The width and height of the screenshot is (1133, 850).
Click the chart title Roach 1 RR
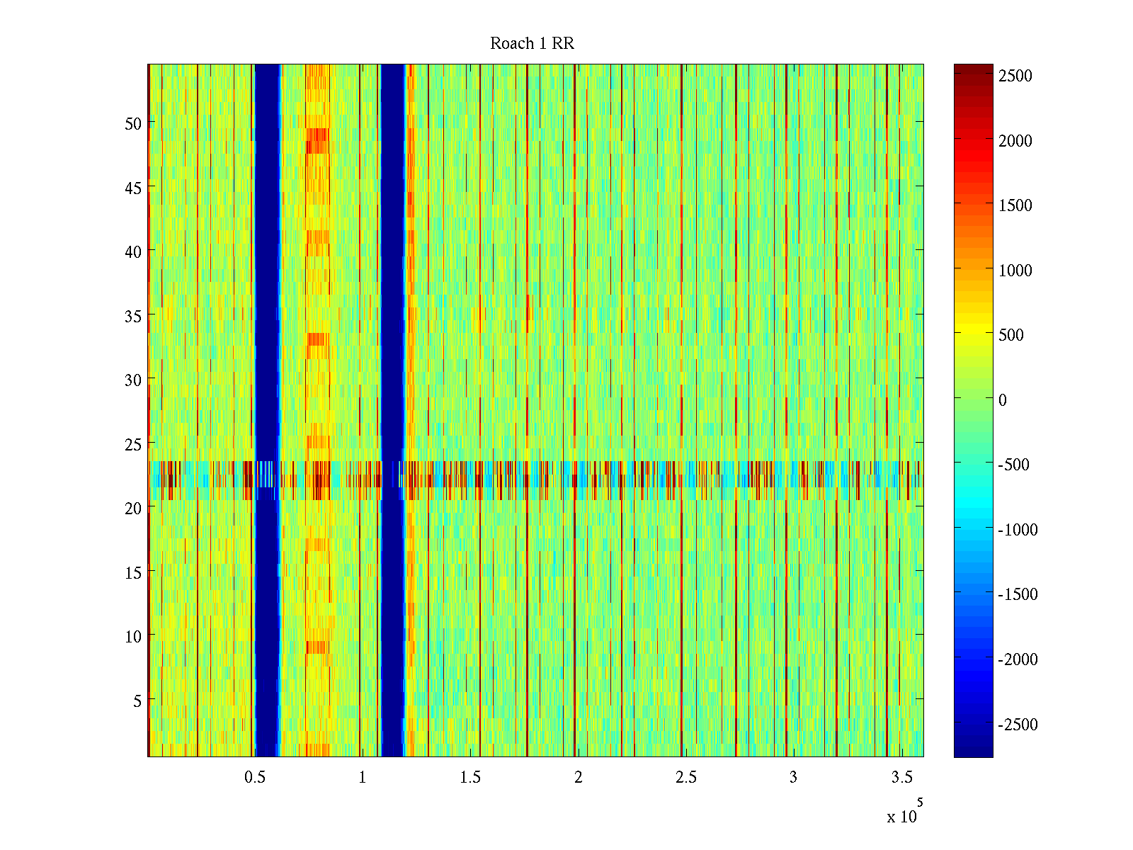pos(532,44)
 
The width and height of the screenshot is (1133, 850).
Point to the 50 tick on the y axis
pos(133,123)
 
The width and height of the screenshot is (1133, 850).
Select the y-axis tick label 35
pos(133,316)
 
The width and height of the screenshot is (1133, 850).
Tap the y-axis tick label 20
pos(133,508)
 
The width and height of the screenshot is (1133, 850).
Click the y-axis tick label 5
pos(137,701)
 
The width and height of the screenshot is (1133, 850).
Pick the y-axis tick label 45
pos(133,188)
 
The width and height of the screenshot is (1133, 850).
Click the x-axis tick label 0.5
pos(255,778)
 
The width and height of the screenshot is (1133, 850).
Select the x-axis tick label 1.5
pos(470,778)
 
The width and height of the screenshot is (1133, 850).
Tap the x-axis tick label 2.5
pos(686,778)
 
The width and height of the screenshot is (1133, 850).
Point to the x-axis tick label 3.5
pos(901,778)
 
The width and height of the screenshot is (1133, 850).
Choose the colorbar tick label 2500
pos(1015,76)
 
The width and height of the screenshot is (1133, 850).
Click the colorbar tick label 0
pos(1003,400)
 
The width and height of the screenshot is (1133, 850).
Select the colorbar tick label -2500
pos(1018,725)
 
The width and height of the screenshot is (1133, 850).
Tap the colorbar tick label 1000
pos(1015,271)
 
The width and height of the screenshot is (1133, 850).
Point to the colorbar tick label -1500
pos(1018,594)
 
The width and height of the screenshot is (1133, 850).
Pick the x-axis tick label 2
pos(579,778)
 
